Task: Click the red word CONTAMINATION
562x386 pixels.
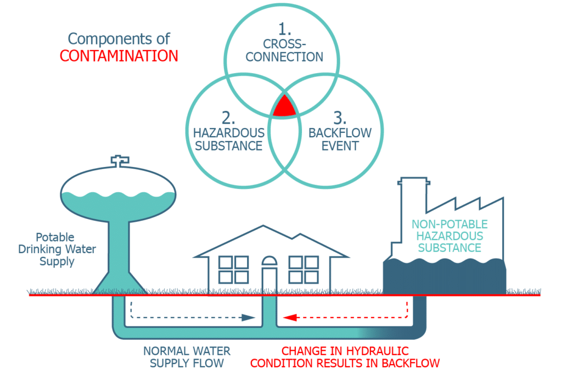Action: tap(119, 56)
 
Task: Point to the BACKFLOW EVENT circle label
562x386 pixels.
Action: tap(340, 139)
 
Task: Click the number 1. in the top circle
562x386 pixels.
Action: tap(284, 28)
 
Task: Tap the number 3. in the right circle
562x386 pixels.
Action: tap(340, 118)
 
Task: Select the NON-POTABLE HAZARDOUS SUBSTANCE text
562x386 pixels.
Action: tap(449, 236)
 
